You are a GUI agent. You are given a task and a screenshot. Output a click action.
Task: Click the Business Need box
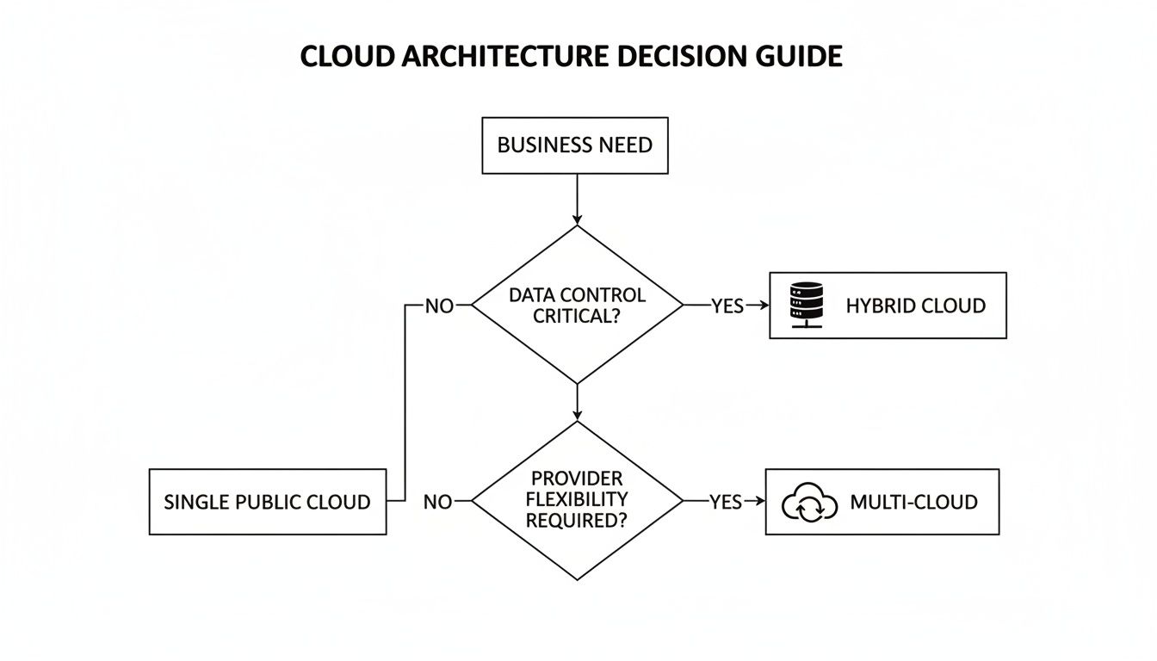click(x=574, y=145)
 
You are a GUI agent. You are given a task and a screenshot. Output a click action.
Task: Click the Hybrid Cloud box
click(x=887, y=306)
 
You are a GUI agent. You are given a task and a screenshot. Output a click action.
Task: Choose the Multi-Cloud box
click(x=882, y=502)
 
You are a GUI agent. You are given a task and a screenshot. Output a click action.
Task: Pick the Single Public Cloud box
click(x=268, y=502)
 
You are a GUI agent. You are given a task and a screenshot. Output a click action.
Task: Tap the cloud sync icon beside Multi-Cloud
click(x=809, y=503)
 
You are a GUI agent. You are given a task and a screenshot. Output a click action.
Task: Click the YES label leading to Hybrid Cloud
click(x=727, y=306)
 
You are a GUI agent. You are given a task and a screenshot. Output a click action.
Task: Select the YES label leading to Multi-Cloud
click(x=726, y=502)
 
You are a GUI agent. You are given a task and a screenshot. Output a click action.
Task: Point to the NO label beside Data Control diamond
click(x=439, y=306)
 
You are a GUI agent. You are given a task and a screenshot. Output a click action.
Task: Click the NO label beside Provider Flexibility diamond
click(x=438, y=502)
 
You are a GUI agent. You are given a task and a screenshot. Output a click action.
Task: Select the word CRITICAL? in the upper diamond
click(x=577, y=316)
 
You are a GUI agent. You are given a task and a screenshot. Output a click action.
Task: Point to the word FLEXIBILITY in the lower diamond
click(x=577, y=499)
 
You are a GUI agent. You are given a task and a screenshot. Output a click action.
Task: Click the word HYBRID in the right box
click(x=877, y=306)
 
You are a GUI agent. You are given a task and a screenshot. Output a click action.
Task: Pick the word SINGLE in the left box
click(x=196, y=502)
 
